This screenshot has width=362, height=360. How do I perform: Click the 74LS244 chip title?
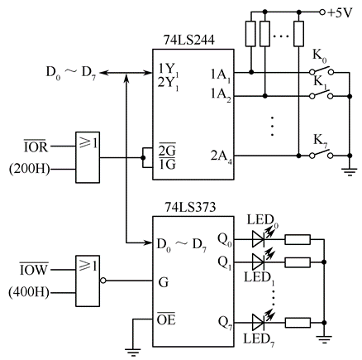189,40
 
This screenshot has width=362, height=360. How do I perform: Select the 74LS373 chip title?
190,207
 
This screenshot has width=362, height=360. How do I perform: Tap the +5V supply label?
340,13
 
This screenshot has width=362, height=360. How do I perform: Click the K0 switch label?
320,56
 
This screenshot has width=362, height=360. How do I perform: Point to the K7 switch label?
321,141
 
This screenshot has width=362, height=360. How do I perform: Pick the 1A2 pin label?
221,95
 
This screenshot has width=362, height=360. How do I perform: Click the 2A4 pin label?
221,156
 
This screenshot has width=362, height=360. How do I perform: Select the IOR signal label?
36,146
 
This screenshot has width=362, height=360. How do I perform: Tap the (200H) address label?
30,169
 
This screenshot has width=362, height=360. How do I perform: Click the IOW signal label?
34,269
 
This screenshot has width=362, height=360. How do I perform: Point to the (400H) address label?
29,292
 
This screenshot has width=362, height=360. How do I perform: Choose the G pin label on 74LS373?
164,282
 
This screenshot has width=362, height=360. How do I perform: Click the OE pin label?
166,319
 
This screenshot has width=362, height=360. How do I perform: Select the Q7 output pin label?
225,323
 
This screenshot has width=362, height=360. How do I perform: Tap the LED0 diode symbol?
259,239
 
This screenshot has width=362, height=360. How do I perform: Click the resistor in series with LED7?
298,323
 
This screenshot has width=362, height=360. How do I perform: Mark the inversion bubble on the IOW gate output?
103,281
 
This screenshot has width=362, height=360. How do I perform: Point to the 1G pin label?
167,165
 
